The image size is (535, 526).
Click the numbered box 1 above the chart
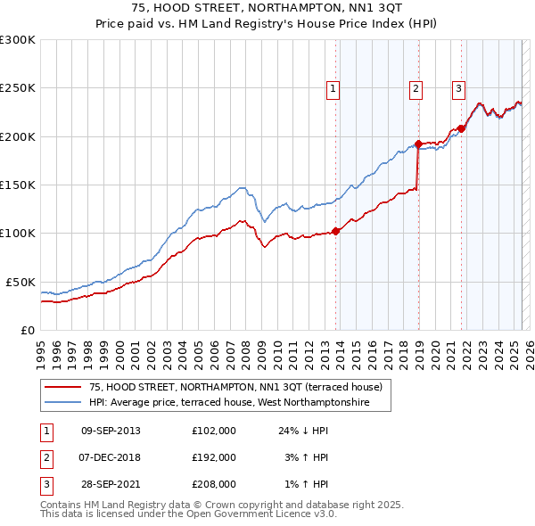tap(332, 88)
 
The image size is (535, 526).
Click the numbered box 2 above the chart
tap(416, 88)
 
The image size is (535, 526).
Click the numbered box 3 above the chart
tap(458, 88)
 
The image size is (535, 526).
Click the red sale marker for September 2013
tap(336, 231)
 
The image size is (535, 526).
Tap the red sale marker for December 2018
tap(418, 144)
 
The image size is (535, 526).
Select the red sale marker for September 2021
tap(462, 128)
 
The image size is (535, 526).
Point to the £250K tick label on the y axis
tap(17, 88)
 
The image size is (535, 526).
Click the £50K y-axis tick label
tap(20, 282)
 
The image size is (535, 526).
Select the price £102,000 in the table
tap(214, 431)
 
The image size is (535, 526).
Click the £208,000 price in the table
tap(214, 484)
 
